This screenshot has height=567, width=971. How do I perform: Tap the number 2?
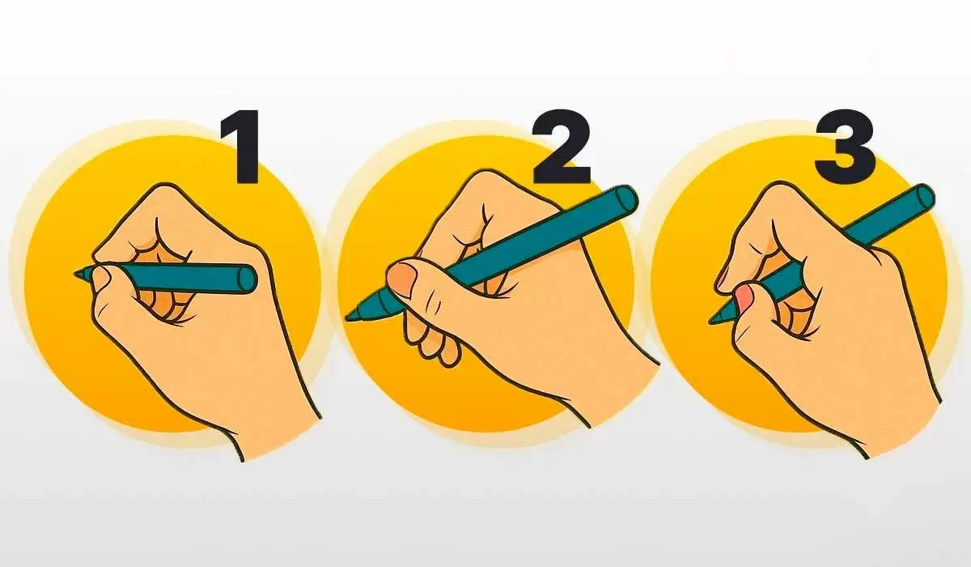pos(562,147)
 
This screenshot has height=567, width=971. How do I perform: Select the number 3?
pos(845,147)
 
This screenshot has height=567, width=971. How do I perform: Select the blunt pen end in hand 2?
pos(625,202)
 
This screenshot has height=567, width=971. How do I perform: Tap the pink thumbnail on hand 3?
pos(744,296)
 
